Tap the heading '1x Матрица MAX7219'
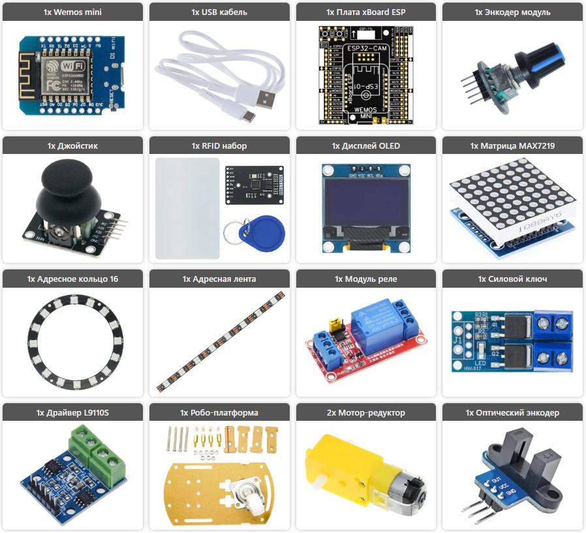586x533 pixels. point(512,145)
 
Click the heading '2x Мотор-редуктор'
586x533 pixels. point(365,412)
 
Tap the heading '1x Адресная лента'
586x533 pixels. point(219,279)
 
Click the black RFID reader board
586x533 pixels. point(253,185)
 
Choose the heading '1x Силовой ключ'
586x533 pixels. point(512,279)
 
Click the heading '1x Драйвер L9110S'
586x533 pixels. point(73,412)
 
